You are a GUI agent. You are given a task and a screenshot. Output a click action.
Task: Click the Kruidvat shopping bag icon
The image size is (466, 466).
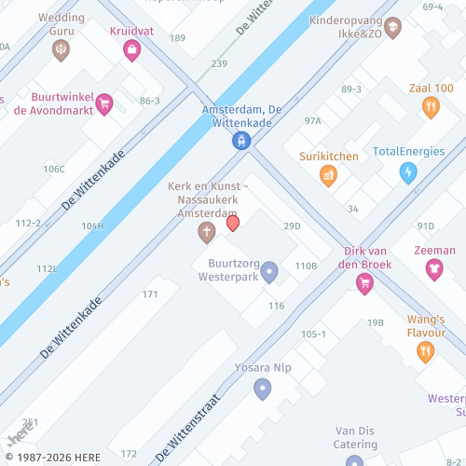[131, 49]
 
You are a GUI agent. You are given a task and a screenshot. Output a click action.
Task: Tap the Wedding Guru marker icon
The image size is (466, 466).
[61, 49]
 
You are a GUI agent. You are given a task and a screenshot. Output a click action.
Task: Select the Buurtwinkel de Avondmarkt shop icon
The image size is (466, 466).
[104, 103]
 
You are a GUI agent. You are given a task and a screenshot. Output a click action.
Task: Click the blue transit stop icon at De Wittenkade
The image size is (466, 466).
[241, 141]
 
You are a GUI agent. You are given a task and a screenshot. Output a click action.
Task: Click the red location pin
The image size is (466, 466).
[233, 224]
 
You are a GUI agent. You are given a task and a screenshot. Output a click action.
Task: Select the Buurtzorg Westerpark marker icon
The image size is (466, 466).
[269, 272]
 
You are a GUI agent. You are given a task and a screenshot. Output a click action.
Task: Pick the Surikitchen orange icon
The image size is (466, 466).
[328, 174]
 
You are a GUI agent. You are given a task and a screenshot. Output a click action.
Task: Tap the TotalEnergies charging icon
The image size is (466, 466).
[407, 172]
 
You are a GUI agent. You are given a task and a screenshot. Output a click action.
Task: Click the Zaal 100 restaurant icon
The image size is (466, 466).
[430, 107]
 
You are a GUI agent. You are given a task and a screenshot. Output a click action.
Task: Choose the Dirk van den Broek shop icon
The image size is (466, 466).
[364, 284]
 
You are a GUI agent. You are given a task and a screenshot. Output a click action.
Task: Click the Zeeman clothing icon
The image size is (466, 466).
[434, 269]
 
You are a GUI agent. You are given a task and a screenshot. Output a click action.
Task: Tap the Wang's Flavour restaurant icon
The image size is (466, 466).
[425, 351]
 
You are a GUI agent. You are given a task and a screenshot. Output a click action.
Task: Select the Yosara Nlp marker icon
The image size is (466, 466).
[263, 388]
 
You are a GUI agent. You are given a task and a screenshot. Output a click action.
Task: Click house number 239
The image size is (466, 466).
[219, 63]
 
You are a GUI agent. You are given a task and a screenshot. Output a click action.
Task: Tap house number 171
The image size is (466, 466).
[150, 295]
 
